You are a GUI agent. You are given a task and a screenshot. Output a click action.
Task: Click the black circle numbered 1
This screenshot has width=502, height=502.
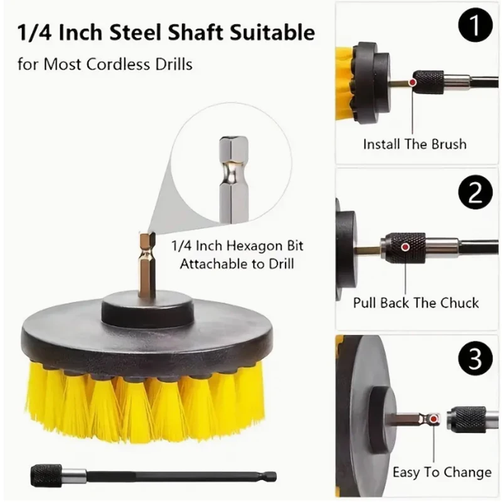tap(475, 24)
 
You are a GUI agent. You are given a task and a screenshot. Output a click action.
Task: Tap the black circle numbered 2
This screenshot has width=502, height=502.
tap(475, 192)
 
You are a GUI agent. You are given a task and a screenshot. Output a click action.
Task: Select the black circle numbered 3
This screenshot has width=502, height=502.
tap(475, 358)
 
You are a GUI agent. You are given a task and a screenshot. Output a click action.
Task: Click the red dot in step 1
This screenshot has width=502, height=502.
tap(413, 82)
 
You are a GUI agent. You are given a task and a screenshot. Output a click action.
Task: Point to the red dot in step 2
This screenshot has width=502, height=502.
tap(405, 247)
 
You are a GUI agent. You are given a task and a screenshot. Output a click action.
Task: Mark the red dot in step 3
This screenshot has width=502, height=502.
tap(434, 419)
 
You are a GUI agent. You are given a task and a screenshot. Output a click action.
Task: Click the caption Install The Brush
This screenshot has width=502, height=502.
tap(415, 144)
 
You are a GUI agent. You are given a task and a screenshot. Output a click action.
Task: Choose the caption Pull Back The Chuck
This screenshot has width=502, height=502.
tap(416, 303)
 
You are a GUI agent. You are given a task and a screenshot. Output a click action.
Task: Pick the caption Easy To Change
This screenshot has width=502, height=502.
tap(442, 473)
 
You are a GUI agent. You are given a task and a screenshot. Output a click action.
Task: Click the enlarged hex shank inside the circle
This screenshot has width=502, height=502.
tap(234, 179)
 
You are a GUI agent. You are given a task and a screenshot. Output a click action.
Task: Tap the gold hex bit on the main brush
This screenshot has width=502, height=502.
tap(147, 264)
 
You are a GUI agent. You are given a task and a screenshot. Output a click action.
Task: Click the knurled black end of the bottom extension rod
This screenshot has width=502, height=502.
tap(46, 476)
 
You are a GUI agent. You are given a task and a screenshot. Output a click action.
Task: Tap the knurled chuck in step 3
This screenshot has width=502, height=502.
tap(466, 419)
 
